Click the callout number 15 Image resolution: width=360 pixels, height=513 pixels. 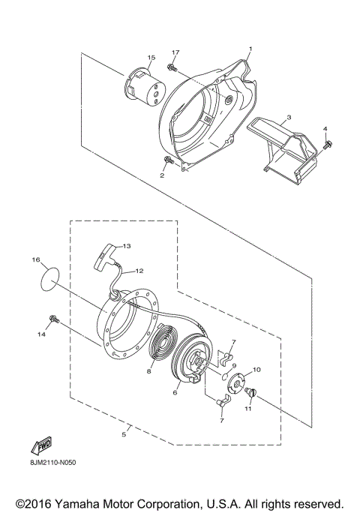151,57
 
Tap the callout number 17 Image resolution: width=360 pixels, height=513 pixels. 175,52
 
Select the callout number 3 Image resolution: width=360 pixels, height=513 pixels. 289,118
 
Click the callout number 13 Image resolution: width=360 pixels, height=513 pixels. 127,246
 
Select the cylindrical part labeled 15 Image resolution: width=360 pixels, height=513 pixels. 141,88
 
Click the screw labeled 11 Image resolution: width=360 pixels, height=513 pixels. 251,392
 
